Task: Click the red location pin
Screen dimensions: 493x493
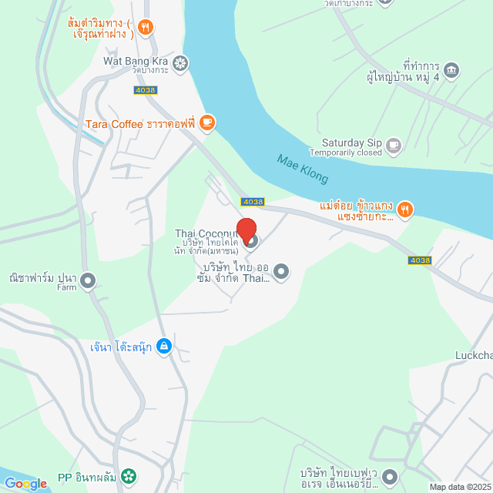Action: pyautogui.click(x=246, y=230)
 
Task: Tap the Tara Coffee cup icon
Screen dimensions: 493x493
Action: pyautogui.click(x=206, y=122)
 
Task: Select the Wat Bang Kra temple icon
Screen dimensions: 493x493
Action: pyautogui.click(x=180, y=62)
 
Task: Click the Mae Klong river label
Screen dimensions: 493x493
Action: pyautogui.click(x=303, y=169)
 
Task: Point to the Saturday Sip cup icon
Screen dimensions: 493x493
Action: pyautogui.click(x=394, y=143)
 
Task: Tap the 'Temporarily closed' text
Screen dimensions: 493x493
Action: pyautogui.click(x=357, y=153)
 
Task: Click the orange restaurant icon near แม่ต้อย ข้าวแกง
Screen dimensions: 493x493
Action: pyautogui.click(x=406, y=208)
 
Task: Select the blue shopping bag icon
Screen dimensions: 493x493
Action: pyautogui.click(x=163, y=347)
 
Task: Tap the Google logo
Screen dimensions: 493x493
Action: pyautogui.click(x=25, y=484)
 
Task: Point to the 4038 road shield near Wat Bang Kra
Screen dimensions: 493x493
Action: pyautogui.click(x=145, y=90)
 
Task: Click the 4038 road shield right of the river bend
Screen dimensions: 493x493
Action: pyautogui.click(x=420, y=260)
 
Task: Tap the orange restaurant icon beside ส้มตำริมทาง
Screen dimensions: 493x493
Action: pyautogui.click(x=146, y=28)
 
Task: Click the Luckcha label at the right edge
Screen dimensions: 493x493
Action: pyautogui.click(x=472, y=356)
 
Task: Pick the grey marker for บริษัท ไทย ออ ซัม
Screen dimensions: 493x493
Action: pyautogui.click(x=281, y=270)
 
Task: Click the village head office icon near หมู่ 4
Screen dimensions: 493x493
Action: pyautogui.click(x=452, y=70)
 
